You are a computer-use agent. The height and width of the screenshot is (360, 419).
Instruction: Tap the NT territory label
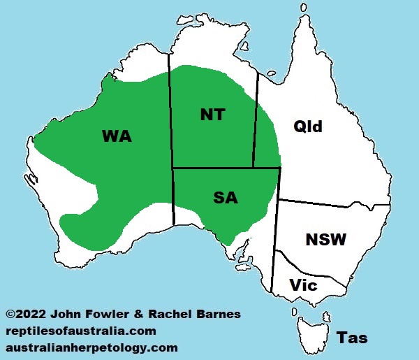click(x=212, y=115)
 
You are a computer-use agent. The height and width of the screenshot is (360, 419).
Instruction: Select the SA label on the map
click(x=225, y=198)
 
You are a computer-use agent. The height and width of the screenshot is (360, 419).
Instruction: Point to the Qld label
click(x=308, y=127)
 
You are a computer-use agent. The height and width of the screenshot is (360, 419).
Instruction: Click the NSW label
click(x=325, y=240)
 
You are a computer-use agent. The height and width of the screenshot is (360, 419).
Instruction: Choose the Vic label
click(x=303, y=285)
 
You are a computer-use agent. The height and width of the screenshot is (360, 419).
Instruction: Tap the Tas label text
click(x=352, y=338)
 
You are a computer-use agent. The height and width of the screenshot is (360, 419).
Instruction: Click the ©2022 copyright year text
click(x=27, y=315)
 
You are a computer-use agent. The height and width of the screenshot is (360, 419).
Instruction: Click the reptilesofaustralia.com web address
click(x=80, y=331)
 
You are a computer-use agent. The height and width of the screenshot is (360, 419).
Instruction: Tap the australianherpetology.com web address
click(x=91, y=347)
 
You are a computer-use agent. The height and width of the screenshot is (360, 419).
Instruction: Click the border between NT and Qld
click(x=256, y=119)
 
